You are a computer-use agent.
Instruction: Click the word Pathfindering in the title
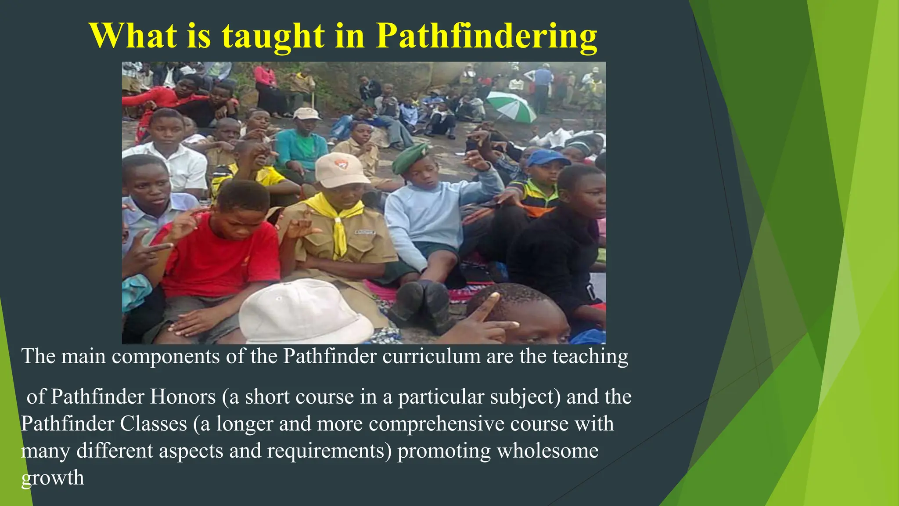click(x=486, y=36)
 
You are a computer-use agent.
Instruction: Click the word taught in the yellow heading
click(x=273, y=36)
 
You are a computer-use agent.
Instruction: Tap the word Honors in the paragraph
click(x=183, y=397)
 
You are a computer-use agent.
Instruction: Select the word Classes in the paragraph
click(x=154, y=424)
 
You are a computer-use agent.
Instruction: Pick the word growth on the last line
click(x=52, y=478)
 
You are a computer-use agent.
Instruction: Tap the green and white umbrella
click(x=512, y=106)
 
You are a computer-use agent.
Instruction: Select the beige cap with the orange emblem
click(x=341, y=169)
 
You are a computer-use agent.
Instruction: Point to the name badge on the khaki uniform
click(x=365, y=232)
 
